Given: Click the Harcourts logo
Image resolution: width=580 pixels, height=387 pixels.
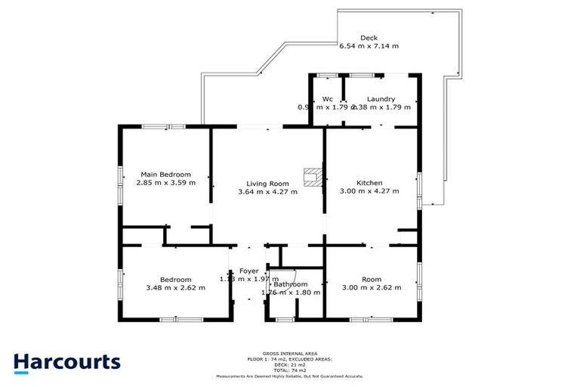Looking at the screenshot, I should click(x=66, y=362).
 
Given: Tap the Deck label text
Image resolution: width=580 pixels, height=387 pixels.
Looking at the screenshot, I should click(x=369, y=38).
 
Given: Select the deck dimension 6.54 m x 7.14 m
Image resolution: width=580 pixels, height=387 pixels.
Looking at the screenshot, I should click(x=369, y=46).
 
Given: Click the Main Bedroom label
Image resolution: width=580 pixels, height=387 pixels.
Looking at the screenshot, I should click(x=164, y=174).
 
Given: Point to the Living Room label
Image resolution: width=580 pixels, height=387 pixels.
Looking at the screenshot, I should click(x=268, y=184).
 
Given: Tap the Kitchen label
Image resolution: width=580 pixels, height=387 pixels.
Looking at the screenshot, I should click(x=369, y=183).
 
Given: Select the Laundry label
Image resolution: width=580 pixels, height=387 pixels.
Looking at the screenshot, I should click(x=381, y=99).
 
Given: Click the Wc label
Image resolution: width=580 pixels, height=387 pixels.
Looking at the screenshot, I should click(x=328, y=99).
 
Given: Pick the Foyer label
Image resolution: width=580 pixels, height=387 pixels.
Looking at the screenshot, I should click(x=249, y=271).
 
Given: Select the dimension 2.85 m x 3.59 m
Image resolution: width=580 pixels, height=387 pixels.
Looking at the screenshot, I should click(x=166, y=182).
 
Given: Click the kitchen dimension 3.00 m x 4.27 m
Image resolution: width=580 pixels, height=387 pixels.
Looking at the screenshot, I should click(x=369, y=191).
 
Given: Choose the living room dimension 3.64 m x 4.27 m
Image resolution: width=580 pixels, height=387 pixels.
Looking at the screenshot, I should click(x=268, y=192).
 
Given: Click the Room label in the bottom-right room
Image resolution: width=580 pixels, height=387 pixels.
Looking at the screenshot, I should click(x=371, y=280).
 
